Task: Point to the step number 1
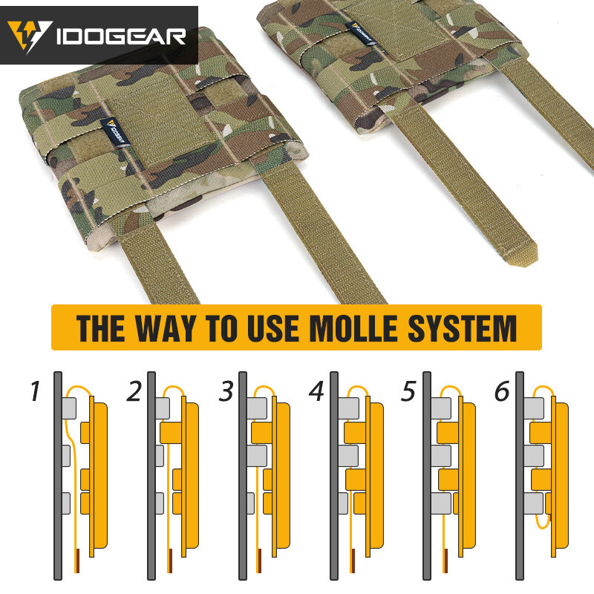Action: pos(35,391)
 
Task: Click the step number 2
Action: pos(134,391)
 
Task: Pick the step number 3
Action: pos(226,391)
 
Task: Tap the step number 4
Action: pos(317,391)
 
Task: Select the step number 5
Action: pos(408,391)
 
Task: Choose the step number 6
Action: pos(503,391)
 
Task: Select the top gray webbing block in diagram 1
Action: pos(69,407)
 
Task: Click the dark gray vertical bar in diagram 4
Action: pos(333,475)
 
